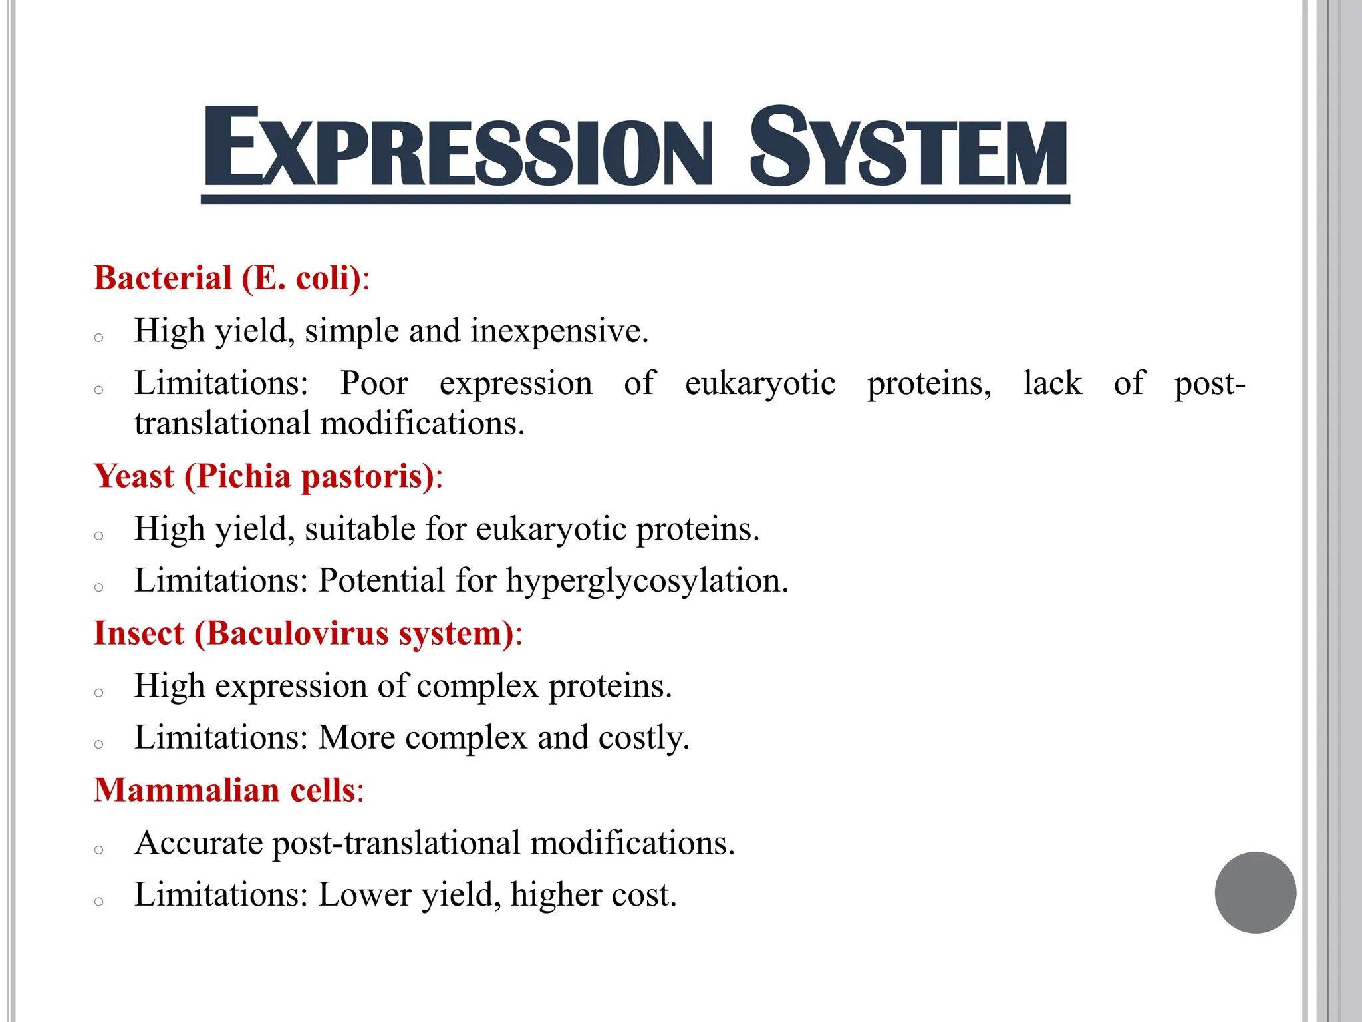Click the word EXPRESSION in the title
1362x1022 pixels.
point(458,147)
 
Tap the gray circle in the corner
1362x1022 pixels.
point(1255,892)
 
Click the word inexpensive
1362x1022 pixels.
point(559,331)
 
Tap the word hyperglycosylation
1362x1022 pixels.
point(647,580)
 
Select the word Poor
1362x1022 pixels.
point(374,383)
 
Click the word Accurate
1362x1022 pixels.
point(199,843)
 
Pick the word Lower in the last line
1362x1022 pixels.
point(365,895)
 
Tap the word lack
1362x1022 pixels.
point(1052,383)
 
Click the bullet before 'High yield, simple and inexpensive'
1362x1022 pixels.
point(99,338)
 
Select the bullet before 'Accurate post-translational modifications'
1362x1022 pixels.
point(99,850)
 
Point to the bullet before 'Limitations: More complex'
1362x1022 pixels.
point(99,744)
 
